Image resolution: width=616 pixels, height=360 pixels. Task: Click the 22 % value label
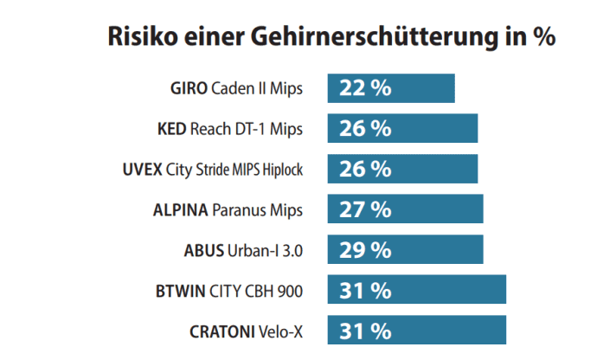pos(365,88)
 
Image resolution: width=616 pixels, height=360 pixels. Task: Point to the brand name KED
pos(173,129)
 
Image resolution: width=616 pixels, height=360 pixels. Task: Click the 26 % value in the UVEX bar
pos(365,169)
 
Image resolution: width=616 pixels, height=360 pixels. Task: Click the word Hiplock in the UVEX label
pos(280,169)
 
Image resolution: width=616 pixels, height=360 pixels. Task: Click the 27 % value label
pos(365,209)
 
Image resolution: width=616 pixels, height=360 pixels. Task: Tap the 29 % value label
pos(365,250)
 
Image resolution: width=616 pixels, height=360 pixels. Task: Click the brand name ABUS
pos(203,250)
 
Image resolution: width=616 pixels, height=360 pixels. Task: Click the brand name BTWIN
pos(179,290)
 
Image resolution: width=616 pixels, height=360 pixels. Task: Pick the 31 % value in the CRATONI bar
pos(365,331)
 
